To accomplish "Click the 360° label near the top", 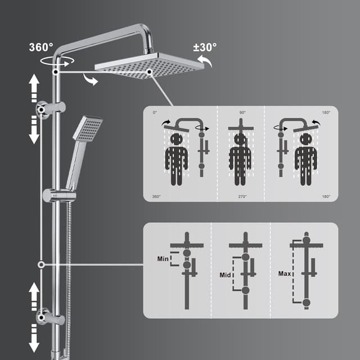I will click(40, 47).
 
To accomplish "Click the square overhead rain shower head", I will click(149, 66).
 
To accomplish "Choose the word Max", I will click(285, 274).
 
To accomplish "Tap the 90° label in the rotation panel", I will click(242, 113).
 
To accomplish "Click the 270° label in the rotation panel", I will click(242, 196).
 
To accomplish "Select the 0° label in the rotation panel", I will click(155, 113).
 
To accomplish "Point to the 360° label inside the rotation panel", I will click(156, 196).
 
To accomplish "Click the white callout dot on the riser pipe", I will click(41, 264).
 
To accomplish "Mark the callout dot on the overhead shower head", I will click(148, 71).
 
